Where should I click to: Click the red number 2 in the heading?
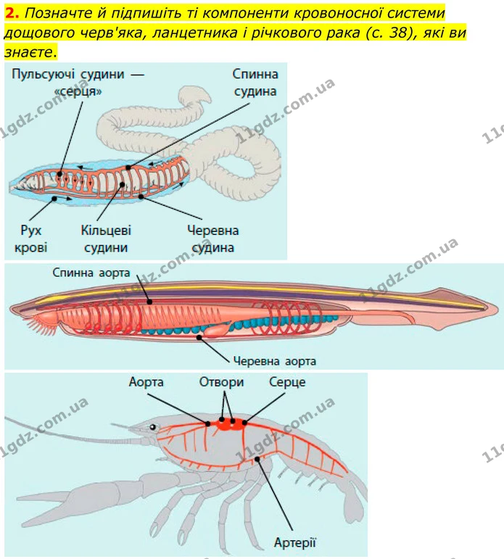click(11, 13)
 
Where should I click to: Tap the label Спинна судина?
click(255, 83)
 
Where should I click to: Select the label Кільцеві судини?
click(106, 239)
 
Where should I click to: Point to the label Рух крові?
click(30, 239)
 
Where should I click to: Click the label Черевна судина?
click(213, 239)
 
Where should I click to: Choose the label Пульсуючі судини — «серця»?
click(78, 83)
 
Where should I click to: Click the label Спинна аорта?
click(91, 273)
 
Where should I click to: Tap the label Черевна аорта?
click(275, 361)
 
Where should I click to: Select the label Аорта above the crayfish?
click(146, 382)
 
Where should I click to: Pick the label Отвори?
click(221, 382)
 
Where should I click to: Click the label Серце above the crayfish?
click(287, 382)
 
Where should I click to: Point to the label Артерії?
click(295, 542)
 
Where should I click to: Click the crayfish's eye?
click(153, 427)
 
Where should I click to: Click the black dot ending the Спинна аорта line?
click(150, 302)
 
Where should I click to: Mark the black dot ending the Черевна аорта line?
click(199, 336)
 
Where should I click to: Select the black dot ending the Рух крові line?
click(54, 198)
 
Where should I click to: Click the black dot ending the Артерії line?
click(257, 459)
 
